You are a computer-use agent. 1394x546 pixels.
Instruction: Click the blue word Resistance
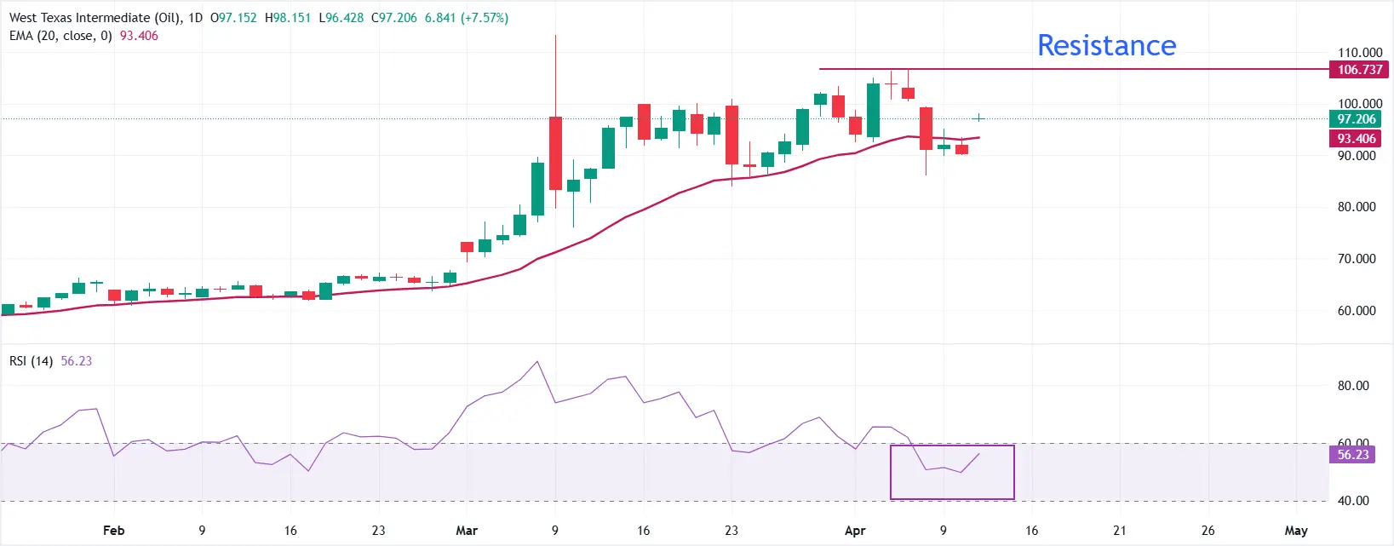tap(1106, 45)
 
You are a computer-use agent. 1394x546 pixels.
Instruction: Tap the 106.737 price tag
tap(1359, 70)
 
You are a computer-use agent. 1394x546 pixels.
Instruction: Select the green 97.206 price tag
tap(1356, 119)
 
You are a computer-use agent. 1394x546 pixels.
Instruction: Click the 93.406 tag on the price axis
tap(1356, 139)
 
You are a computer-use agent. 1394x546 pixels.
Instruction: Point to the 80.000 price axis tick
tap(1356, 207)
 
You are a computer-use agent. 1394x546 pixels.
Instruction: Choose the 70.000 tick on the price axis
tap(1356, 259)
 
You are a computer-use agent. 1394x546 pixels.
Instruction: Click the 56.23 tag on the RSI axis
tap(1352, 455)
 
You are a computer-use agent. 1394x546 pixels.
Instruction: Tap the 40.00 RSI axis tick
tap(1352, 501)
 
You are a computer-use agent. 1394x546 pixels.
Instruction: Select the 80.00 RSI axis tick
tap(1352, 386)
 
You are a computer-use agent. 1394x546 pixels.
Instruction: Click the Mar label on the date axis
tap(467, 531)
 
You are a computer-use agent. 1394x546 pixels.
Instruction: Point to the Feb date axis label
tap(113, 531)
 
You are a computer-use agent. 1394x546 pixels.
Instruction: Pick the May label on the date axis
tap(1295, 531)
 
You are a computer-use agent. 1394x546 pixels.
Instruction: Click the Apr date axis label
tap(855, 531)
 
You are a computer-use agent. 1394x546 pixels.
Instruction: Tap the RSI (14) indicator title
tap(32, 361)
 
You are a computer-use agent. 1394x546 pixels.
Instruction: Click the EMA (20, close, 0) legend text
tap(60, 36)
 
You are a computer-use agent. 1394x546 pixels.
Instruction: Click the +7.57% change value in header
tap(485, 18)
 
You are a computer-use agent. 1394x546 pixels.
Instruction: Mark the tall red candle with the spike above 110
tap(555, 153)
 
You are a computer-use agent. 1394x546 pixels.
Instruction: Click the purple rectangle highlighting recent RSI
tap(952, 472)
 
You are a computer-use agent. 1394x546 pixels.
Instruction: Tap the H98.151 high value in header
tap(287, 18)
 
